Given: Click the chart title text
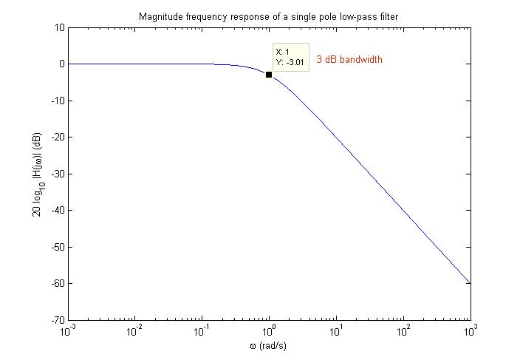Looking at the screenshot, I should pyautogui.click(x=269, y=16).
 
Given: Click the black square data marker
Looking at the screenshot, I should pyautogui.click(x=269, y=75).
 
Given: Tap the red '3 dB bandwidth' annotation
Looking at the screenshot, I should pyautogui.click(x=349, y=59).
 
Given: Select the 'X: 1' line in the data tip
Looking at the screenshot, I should pyautogui.click(x=282, y=52).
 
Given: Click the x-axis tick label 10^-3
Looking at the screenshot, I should pyautogui.click(x=68, y=330).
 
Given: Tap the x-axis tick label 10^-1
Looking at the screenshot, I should pyautogui.click(x=202, y=330).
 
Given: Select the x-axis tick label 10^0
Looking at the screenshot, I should pyautogui.click(x=269, y=330).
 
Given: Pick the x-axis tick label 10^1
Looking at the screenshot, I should pyautogui.click(x=336, y=330).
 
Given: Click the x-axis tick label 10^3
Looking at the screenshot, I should pyautogui.click(x=470, y=330).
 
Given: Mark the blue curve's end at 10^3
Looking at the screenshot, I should pyautogui.click(x=470, y=283).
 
